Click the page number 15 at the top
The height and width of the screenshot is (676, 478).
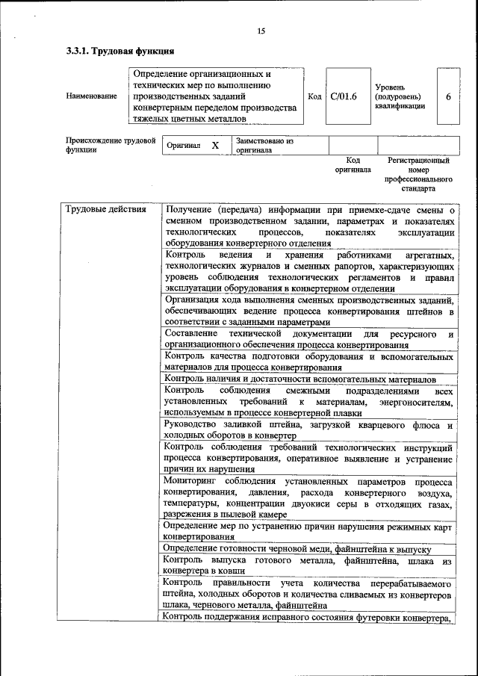click(x=261, y=31)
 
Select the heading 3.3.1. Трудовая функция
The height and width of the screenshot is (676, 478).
click(x=120, y=52)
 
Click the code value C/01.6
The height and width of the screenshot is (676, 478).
click(x=344, y=96)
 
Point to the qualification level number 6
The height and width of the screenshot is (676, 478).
click(x=448, y=96)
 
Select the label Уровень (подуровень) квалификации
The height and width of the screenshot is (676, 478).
click(x=401, y=96)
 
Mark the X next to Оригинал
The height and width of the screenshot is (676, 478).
click(x=215, y=146)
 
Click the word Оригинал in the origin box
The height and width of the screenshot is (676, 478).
click(x=183, y=146)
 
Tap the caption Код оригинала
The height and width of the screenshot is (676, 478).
click(x=353, y=165)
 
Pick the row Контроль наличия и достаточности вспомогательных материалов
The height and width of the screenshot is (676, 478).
click(x=299, y=379)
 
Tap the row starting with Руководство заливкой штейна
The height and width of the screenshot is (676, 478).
click(x=308, y=430)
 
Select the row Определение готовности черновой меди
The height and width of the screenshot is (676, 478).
click(x=297, y=548)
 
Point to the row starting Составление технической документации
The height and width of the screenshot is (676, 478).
click(x=308, y=338)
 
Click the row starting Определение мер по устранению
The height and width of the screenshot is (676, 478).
click(x=308, y=530)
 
